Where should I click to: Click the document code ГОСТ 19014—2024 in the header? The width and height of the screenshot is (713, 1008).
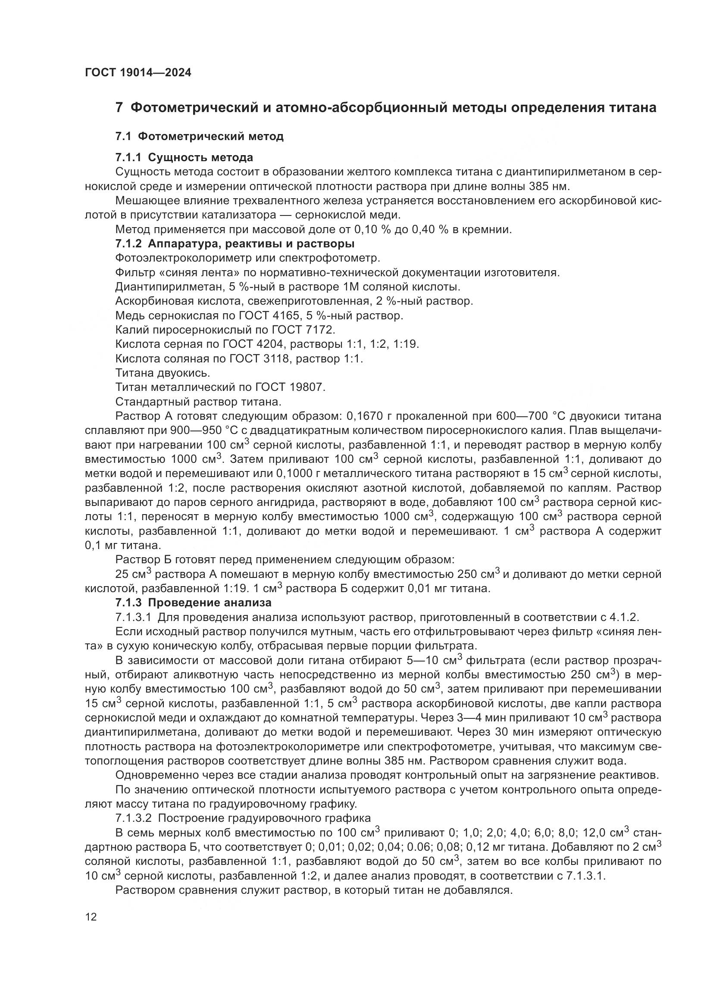click(138, 73)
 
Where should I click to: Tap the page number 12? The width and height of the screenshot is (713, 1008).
click(91, 917)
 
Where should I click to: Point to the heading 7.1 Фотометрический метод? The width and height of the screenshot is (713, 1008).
click(199, 137)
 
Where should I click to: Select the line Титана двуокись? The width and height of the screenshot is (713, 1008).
click(163, 373)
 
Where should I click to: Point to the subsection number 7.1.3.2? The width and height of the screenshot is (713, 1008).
click(134, 818)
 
